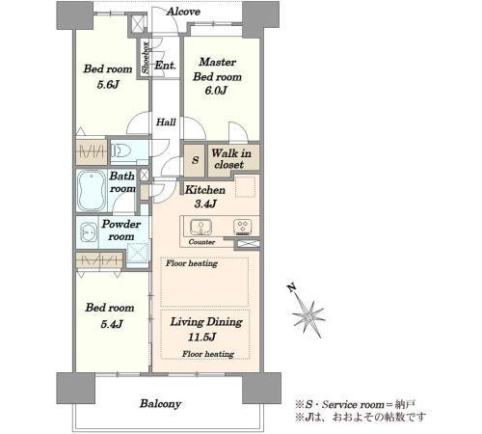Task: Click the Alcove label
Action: tap(183, 12)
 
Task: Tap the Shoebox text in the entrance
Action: tap(146, 58)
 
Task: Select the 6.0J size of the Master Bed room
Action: tap(216, 91)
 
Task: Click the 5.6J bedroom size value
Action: tap(108, 85)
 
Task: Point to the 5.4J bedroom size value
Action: tap(112, 324)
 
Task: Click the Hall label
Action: tap(166, 122)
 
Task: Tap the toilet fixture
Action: tap(121, 150)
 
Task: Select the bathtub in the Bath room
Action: tap(92, 190)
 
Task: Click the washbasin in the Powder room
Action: tap(88, 231)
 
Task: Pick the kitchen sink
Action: tap(201, 227)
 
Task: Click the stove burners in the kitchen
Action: tap(243, 226)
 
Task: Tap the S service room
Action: tap(195, 160)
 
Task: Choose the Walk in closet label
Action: tap(231, 159)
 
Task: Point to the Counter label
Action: tap(201, 242)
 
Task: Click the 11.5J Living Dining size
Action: tap(201, 338)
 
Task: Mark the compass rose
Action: tap(308, 313)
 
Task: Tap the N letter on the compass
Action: tap(292, 288)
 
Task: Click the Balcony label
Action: tap(160, 404)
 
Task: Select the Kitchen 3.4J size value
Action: tap(205, 203)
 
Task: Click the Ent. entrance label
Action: tap(165, 66)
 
